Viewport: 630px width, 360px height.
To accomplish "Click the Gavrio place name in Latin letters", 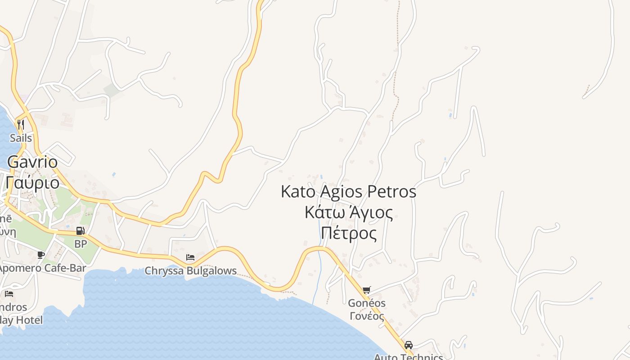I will [x=32, y=162].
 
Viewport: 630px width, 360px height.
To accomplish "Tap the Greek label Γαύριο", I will [x=32, y=182].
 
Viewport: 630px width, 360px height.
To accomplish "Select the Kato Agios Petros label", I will [x=348, y=192].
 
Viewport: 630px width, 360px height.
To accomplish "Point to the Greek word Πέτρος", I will [x=348, y=233].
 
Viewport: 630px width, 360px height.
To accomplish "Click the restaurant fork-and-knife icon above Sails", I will [x=20, y=124].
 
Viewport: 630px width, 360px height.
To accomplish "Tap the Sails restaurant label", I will [x=21, y=138].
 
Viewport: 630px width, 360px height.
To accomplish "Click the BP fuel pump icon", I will [x=81, y=231].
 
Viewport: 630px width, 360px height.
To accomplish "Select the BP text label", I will [x=81, y=244].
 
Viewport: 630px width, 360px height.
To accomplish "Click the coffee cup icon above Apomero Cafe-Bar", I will [x=41, y=255].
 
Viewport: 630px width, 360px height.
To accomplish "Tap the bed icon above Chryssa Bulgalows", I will [x=190, y=257].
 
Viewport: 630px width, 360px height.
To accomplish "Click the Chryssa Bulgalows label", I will [x=190, y=271].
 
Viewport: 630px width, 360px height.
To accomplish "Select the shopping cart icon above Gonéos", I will [x=367, y=290].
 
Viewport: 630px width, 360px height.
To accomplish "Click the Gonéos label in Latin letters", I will [x=367, y=303].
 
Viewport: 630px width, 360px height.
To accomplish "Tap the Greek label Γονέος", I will [x=367, y=316].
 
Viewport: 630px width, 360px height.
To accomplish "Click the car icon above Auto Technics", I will [x=409, y=345].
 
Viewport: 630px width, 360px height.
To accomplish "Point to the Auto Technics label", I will [x=409, y=357].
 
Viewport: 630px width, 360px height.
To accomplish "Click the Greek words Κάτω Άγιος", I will [x=348, y=212].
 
